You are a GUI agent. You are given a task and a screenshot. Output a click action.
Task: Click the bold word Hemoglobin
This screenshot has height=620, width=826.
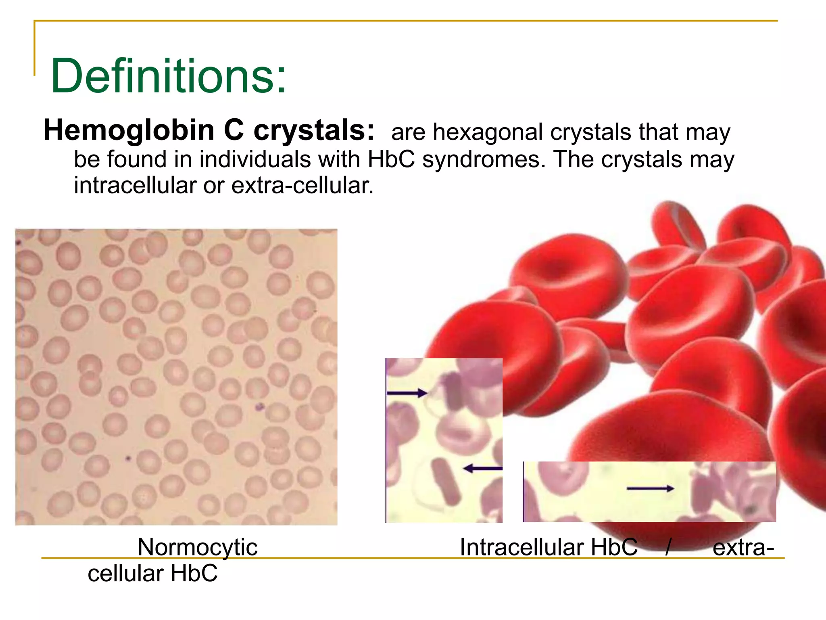(129, 130)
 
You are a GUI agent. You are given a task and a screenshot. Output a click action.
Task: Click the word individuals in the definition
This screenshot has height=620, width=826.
(255, 159)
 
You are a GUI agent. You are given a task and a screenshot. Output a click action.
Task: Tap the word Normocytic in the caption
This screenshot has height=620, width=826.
(197, 548)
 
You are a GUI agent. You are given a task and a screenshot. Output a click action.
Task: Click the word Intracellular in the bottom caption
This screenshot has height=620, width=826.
(521, 548)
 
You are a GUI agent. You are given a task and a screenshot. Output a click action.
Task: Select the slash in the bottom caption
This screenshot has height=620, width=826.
(668, 548)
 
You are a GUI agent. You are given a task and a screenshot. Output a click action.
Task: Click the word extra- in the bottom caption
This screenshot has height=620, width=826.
(743, 548)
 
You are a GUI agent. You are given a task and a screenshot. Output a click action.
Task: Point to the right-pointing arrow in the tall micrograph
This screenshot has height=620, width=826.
(407, 393)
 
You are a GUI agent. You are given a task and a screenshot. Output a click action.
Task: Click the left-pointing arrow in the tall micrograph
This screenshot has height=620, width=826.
(482, 469)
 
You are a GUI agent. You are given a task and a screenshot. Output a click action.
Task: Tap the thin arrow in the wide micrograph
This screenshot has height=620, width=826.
(650, 489)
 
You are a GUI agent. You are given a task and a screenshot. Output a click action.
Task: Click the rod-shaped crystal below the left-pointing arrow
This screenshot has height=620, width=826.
(446, 481)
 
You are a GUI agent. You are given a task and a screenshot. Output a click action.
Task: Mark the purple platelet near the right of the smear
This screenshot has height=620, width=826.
(259, 406)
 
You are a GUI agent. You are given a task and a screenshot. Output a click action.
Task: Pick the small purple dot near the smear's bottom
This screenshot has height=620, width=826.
(128, 458)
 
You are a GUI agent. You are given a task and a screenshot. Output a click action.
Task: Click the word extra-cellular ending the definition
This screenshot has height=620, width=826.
(302, 186)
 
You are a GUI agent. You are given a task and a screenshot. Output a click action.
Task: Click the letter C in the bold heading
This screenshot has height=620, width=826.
(234, 130)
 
